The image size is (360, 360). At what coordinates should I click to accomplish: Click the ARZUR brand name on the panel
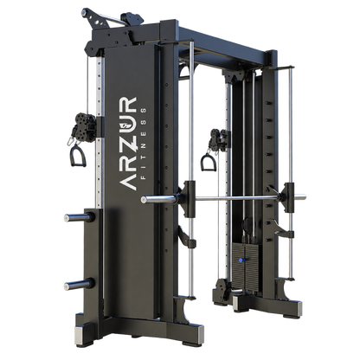pyautogui.click(x=127, y=144)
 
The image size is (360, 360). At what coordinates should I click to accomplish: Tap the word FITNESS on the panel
pyautogui.click(x=144, y=144)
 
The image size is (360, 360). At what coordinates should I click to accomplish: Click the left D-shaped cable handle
pyautogui.click(x=77, y=156)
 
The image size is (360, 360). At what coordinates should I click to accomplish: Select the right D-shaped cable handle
pyautogui.click(x=208, y=163)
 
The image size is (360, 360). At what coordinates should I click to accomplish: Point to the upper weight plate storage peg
pyautogui.click(x=80, y=217)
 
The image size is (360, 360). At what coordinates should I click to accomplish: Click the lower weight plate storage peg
pyautogui.click(x=80, y=284)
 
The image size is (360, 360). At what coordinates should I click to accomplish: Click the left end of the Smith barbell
pyautogui.click(x=144, y=199)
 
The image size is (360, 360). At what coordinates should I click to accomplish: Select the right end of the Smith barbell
pyautogui.click(x=304, y=197)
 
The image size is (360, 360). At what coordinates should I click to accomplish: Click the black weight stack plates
pyautogui.click(x=247, y=266)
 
